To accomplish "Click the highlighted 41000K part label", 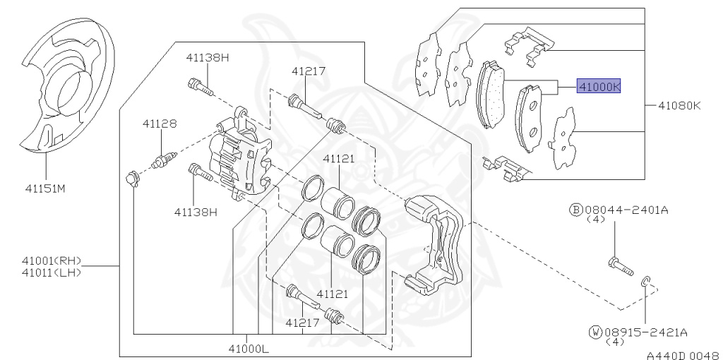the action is (x=599, y=85).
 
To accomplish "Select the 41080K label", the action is (x=679, y=106).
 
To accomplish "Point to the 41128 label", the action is (x=159, y=124).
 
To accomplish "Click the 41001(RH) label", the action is (x=51, y=261).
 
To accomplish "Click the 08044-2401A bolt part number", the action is (x=626, y=210).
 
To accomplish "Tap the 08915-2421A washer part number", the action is (x=645, y=332).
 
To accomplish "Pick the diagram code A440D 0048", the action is (x=683, y=355).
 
